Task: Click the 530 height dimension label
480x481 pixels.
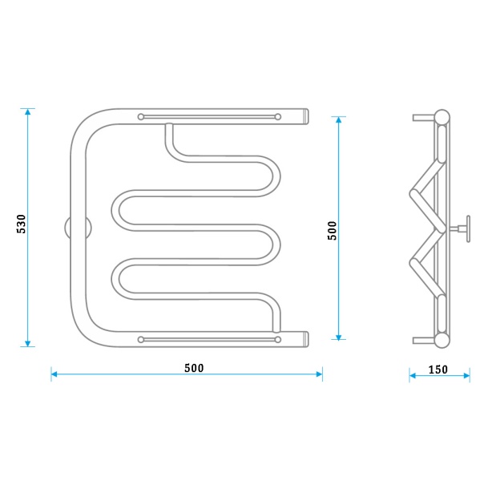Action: (x=21, y=224)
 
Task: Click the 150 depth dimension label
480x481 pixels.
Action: (x=438, y=370)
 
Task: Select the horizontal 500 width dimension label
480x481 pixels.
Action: (x=194, y=368)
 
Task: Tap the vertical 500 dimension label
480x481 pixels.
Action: (x=332, y=231)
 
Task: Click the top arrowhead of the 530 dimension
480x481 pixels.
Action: (x=27, y=112)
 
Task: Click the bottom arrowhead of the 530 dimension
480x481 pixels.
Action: (x=27, y=343)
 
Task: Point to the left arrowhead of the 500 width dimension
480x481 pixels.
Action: (x=54, y=374)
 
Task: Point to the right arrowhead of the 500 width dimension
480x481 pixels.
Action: (x=319, y=374)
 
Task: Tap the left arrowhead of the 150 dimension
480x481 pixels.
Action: (x=413, y=375)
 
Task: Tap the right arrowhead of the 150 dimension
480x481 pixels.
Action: (x=466, y=375)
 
